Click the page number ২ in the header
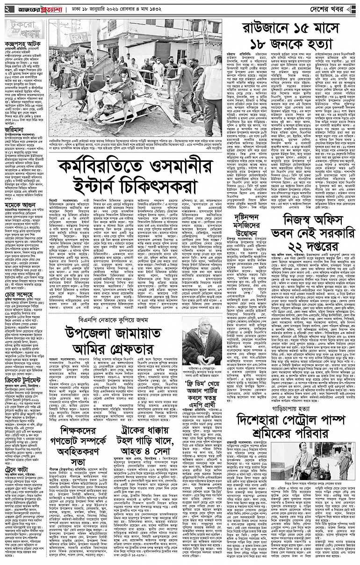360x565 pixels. [x=6, y=9]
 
